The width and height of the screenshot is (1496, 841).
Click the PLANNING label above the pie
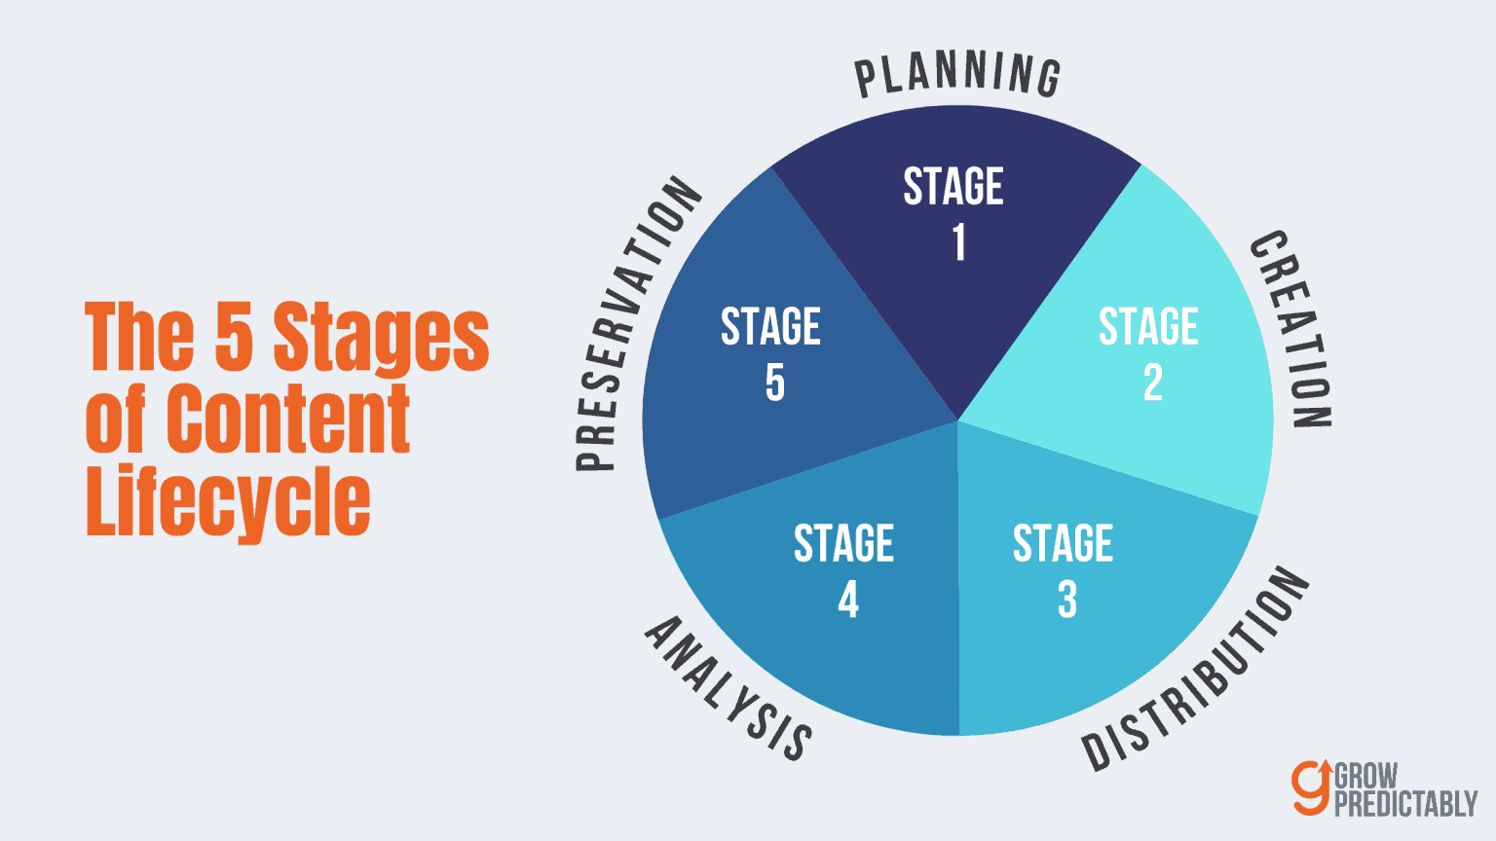[x=957, y=75]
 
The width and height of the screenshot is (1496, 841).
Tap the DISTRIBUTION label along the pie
[x=1197, y=669]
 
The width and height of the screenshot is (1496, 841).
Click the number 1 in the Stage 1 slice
[x=959, y=242]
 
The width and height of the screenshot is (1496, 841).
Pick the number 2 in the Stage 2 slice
[x=1152, y=383]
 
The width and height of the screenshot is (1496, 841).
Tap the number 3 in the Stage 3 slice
[x=1067, y=600]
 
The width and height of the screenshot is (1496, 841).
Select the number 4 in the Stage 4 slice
[x=848, y=600]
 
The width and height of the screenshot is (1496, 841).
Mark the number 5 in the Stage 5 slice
[x=775, y=383]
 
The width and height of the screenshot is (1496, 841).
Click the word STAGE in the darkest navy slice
[x=954, y=187]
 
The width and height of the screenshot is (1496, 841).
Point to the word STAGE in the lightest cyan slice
[x=1148, y=327]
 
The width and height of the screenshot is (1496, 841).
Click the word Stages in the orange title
[x=381, y=337]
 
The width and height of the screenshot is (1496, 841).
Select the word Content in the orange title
[x=288, y=419]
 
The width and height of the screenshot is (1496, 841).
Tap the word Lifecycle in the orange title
[x=228, y=501]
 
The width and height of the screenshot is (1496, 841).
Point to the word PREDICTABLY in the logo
[x=1405, y=804]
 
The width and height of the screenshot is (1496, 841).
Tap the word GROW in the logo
[x=1365, y=777]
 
